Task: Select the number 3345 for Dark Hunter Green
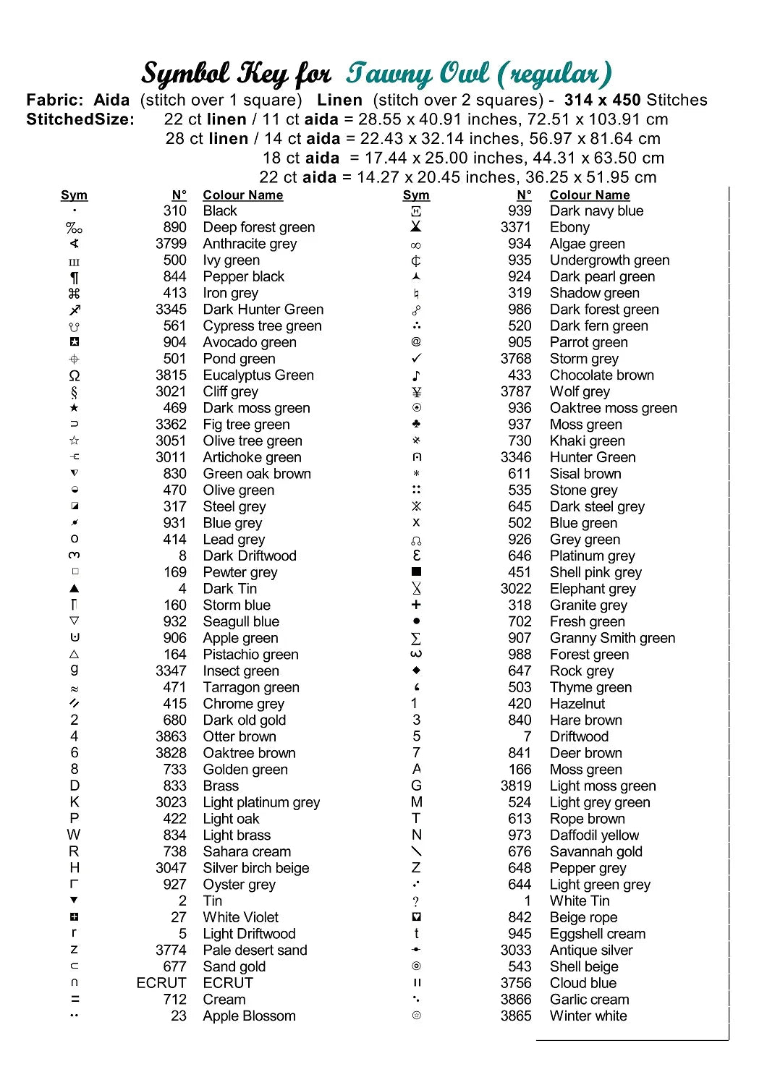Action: tap(171, 310)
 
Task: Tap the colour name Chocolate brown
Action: tap(601, 375)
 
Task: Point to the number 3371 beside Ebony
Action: tap(515, 227)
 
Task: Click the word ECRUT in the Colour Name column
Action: tap(228, 983)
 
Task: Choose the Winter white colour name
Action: tap(588, 1016)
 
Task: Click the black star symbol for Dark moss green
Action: tap(75, 408)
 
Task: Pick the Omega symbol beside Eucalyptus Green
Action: tap(75, 375)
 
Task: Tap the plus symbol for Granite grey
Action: tap(416, 605)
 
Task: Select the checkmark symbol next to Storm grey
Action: tap(416, 359)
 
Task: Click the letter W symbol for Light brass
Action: tap(74, 835)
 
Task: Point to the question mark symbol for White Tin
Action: tap(416, 901)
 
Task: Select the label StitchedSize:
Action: tap(80, 119)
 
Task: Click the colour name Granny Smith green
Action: tap(612, 638)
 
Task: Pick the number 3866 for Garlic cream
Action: tap(515, 1000)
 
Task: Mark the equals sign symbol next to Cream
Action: tap(75, 1000)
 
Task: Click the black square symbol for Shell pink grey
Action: tap(416, 572)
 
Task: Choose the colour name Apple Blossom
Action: tap(249, 1016)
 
